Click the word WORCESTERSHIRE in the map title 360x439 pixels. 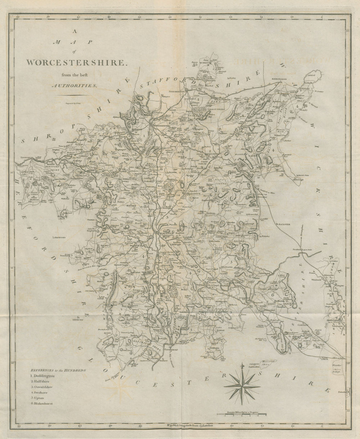point(77,62)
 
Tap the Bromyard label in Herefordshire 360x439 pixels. point(62,238)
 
